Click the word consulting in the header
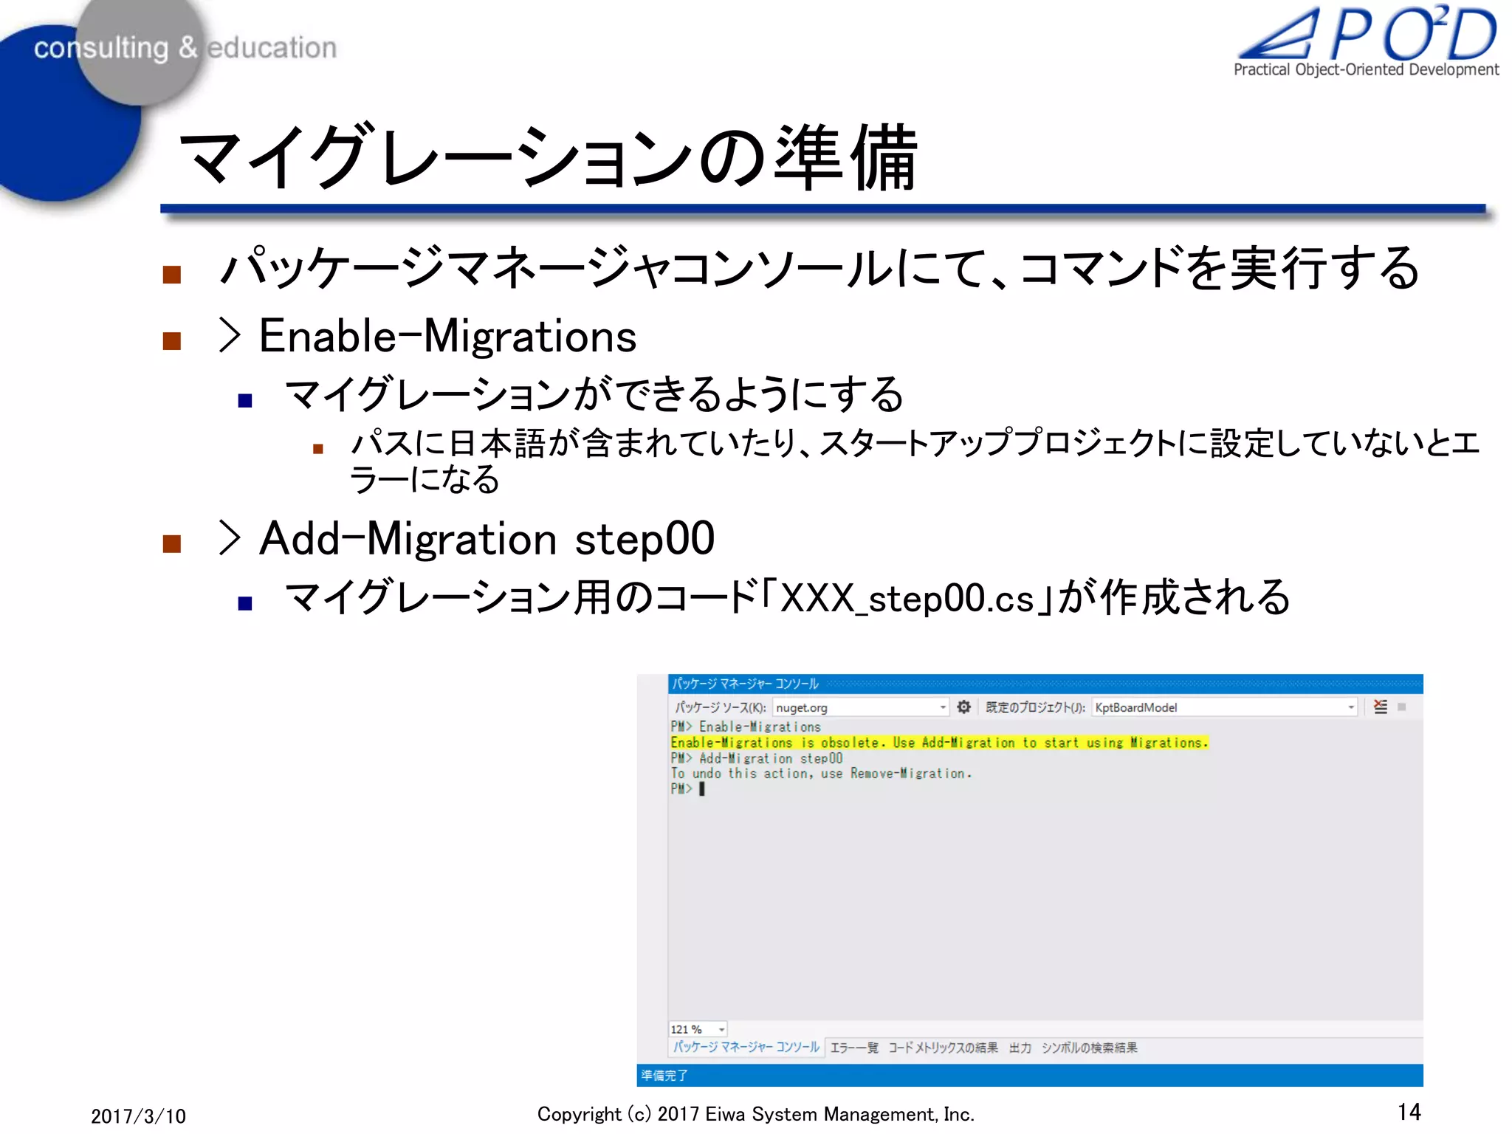(x=101, y=48)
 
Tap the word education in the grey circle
(x=272, y=48)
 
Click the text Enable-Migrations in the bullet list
(x=447, y=337)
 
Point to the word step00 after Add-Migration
(x=645, y=538)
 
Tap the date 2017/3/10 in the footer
(x=138, y=1116)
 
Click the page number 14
(x=1409, y=1112)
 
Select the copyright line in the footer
(x=755, y=1114)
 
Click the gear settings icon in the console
(x=963, y=707)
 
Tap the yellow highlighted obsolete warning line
(x=938, y=743)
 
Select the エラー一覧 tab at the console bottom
(x=854, y=1048)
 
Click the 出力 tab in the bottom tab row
(x=1020, y=1048)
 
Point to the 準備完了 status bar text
(x=664, y=1075)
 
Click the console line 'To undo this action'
(x=820, y=774)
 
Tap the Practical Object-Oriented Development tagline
(x=1366, y=70)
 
